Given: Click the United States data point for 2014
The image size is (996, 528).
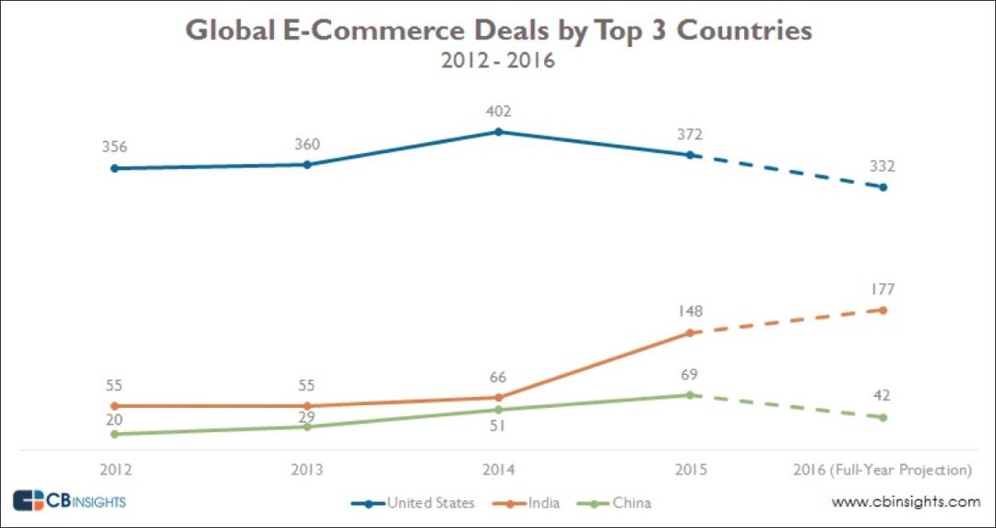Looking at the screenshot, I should click(x=499, y=132).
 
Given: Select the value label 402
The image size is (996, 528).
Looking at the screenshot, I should click(x=499, y=112).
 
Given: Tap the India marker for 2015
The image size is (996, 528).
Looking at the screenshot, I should click(x=690, y=332).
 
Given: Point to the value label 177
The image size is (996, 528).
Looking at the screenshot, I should click(x=883, y=289).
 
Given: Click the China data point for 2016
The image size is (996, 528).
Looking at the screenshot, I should click(x=883, y=417).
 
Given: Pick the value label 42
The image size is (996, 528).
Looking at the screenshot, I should click(x=883, y=396).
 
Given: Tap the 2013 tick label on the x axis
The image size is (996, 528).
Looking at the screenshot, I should click(x=307, y=470).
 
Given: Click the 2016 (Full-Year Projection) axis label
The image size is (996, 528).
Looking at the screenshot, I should click(x=883, y=470).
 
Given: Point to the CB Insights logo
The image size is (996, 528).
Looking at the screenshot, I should click(x=69, y=501).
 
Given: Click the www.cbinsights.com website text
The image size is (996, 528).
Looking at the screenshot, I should click(x=906, y=502).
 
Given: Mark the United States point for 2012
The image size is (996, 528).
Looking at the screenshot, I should click(x=114, y=168).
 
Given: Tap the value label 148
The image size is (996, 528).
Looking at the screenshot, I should click(x=690, y=311).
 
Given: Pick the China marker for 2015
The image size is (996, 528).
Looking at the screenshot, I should click(x=690, y=395).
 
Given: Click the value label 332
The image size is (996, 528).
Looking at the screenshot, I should click(x=883, y=166).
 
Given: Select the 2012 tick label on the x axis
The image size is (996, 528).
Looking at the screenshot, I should click(x=114, y=470).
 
